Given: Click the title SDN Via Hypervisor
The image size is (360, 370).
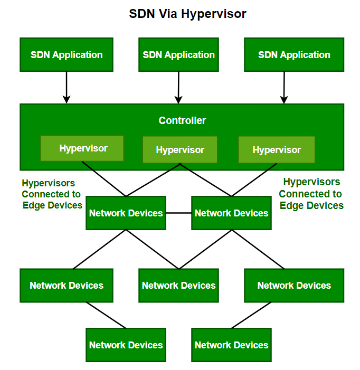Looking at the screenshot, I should tap(187, 14).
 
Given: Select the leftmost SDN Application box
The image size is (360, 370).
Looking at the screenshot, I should tap(67, 54).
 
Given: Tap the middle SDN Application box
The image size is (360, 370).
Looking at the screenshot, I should tap(178, 54).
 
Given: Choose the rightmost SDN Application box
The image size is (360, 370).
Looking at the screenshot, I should tap(294, 54).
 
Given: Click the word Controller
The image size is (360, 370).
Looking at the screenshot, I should tap(182, 121).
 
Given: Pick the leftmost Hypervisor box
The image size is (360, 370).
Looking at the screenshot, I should tap(83, 148).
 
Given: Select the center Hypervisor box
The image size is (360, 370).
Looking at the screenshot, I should tap(180, 150).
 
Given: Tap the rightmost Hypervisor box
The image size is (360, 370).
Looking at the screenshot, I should tap(277, 150).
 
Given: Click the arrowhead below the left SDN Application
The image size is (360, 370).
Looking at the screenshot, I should tap(67, 99).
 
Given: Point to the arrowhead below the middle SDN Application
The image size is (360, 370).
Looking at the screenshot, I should tap(178, 99).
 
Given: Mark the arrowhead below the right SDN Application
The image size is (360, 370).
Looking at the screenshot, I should tap(284, 99).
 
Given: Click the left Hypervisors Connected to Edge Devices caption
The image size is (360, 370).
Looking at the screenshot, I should tap(52, 194).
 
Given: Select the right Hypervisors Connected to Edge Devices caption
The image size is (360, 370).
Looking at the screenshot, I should tap(311, 194).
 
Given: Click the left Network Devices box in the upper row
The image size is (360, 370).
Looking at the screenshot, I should tap(126, 213).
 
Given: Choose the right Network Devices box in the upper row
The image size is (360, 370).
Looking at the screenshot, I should tap(231, 213).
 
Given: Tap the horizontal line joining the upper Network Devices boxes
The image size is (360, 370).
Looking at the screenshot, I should tap(178, 213).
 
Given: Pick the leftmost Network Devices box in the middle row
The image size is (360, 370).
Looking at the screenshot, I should tap(67, 286).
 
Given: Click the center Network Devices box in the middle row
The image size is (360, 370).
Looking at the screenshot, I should tap(178, 286).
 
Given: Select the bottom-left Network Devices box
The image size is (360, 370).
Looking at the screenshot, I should tap(126, 345).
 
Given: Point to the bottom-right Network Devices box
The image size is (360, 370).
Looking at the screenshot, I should tap(231, 345).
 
